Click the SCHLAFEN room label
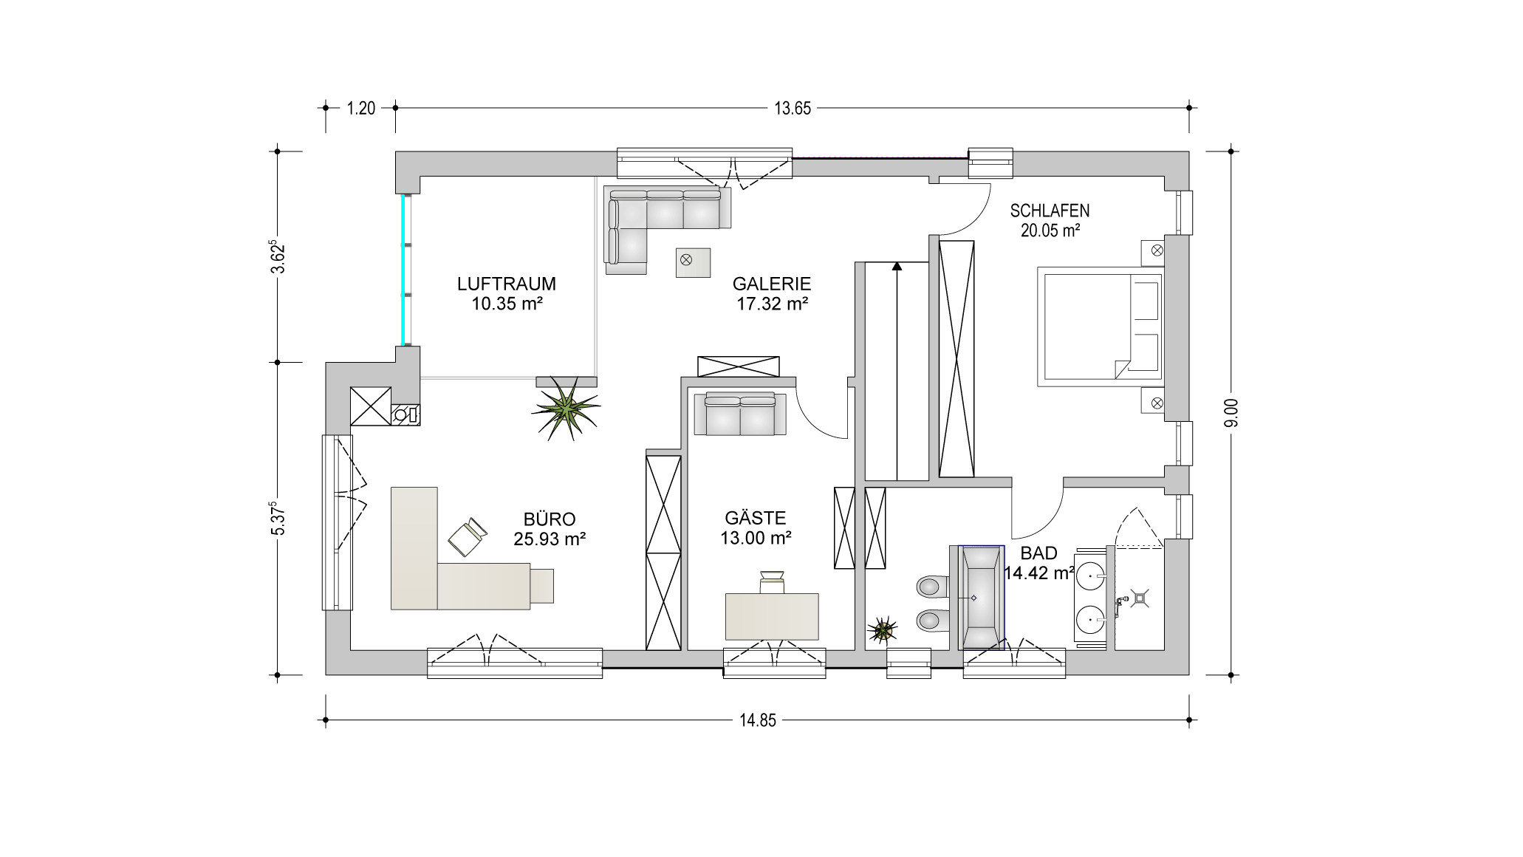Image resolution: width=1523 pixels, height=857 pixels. pyautogui.click(x=1050, y=211)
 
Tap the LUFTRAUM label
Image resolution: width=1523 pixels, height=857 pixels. pyautogui.click(x=506, y=284)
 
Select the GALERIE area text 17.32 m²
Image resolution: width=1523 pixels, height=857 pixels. pyautogui.click(x=772, y=303)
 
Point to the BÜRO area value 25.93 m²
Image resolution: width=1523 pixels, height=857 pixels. pyautogui.click(x=550, y=539)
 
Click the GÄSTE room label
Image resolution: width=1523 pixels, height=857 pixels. pyautogui.click(x=755, y=518)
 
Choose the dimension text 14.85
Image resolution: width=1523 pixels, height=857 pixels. pyautogui.click(x=758, y=721)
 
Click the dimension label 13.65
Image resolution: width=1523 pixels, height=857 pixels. pyautogui.click(x=793, y=109)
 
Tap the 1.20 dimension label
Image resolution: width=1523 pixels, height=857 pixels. pyautogui.click(x=361, y=109)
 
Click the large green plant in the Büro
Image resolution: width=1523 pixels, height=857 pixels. pyautogui.click(x=565, y=408)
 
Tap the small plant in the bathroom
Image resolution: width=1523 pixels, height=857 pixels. pyautogui.click(x=882, y=630)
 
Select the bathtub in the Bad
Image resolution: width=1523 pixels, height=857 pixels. pyautogui.click(x=981, y=598)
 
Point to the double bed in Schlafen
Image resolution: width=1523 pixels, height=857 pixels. pyautogui.click(x=1100, y=327)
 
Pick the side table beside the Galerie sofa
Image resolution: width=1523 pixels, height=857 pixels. pyautogui.click(x=693, y=262)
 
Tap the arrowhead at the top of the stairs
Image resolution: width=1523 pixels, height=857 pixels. pyautogui.click(x=897, y=267)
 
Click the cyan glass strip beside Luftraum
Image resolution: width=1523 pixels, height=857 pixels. pyautogui.click(x=405, y=270)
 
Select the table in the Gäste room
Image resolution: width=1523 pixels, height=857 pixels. pyautogui.click(x=773, y=616)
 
